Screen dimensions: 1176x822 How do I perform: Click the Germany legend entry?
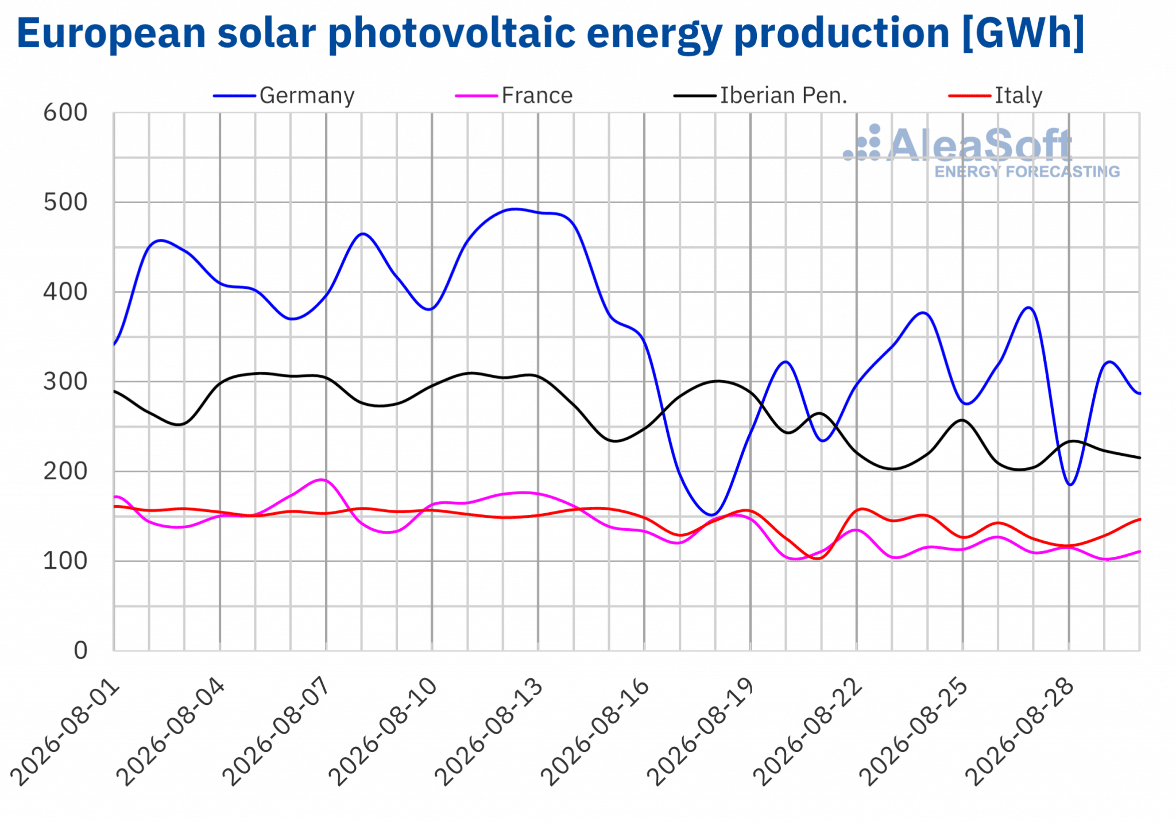coord(284,95)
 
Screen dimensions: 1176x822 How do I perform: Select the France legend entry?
coord(514,95)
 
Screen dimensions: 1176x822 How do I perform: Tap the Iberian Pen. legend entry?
coord(760,95)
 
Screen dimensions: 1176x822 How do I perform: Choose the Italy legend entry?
coord(995,95)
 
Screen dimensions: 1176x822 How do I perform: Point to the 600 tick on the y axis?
coord(65,113)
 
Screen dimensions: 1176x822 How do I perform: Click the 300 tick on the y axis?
coord(65,382)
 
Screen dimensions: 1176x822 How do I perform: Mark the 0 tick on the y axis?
coord(81,650)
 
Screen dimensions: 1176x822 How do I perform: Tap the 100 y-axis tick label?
coord(65,561)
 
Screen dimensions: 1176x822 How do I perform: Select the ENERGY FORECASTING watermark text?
coord(1027,172)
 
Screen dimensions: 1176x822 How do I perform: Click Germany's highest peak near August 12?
coord(514,209)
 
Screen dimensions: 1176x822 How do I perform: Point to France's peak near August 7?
coord(322,480)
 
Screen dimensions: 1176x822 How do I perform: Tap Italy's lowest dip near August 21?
coord(817,559)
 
